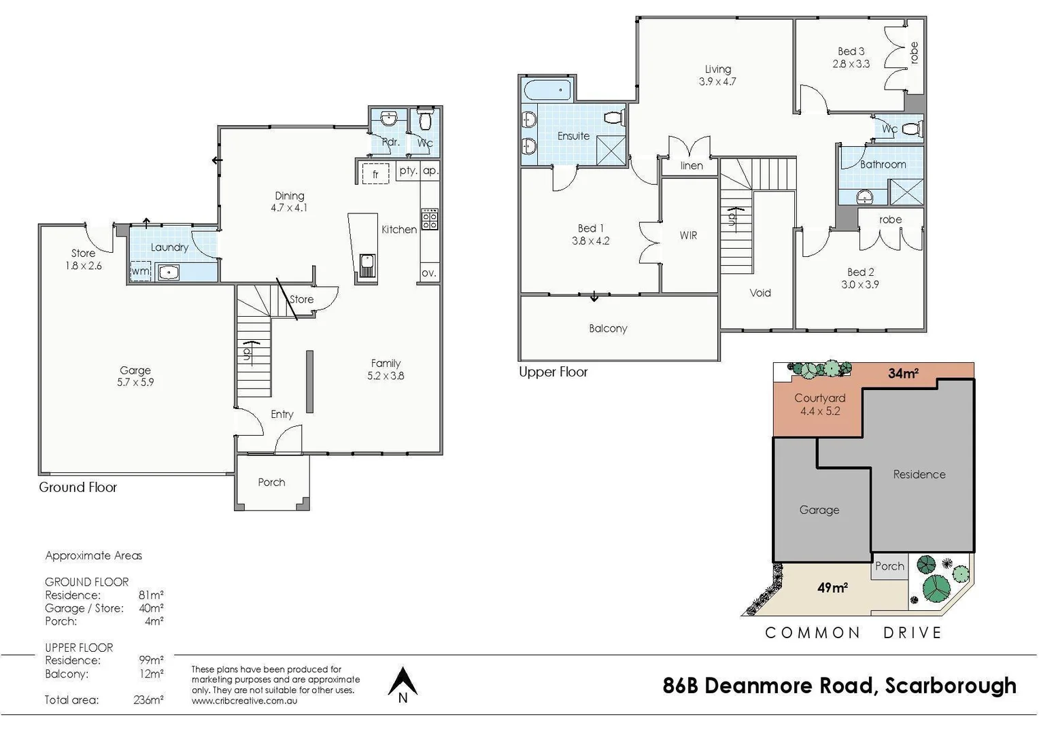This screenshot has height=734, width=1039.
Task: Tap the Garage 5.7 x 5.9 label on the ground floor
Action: click(135, 377)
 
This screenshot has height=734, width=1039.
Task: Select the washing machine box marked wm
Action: click(141, 271)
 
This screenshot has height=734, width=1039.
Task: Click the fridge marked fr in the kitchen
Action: click(375, 174)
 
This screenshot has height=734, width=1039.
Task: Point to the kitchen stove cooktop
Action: click(430, 219)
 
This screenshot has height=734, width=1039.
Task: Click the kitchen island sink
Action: click(367, 266)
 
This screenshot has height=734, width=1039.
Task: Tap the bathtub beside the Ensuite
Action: click(547, 89)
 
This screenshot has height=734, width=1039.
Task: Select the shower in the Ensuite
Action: click(610, 150)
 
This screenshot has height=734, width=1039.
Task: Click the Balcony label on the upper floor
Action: click(608, 328)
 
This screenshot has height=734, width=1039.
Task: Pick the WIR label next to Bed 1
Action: click(688, 235)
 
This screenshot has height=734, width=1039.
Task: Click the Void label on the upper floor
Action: click(760, 293)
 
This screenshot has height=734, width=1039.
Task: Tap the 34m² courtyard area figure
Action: click(903, 373)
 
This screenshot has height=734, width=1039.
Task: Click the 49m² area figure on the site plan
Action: click(832, 588)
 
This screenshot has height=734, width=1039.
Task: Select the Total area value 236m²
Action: click(148, 699)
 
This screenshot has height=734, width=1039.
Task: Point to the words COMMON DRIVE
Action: click(853, 633)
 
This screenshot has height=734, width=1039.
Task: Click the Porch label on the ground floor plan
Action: click(271, 482)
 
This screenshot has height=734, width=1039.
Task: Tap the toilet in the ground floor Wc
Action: click(425, 121)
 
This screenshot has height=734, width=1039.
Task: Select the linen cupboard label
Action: click(692, 166)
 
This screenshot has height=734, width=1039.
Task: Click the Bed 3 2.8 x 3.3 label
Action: click(851, 58)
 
